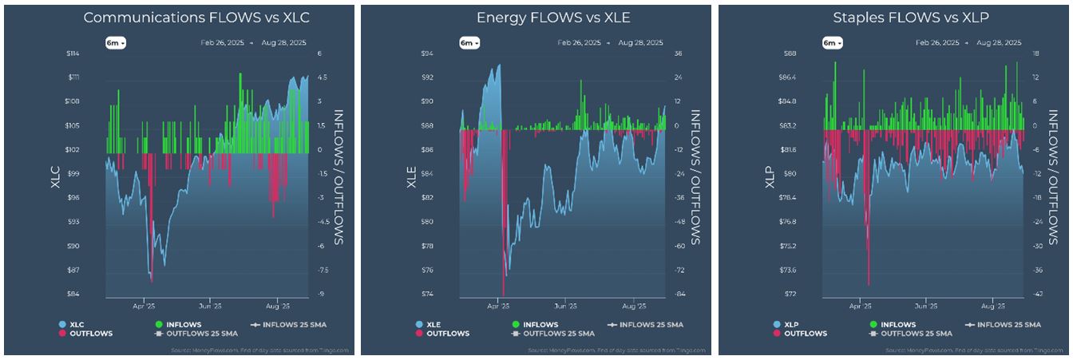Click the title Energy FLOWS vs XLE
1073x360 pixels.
[x=535, y=17]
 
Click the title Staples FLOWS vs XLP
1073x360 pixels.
[x=893, y=17]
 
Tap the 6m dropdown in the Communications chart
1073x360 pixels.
[x=116, y=43]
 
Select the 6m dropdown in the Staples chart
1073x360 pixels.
[x=830, y=43]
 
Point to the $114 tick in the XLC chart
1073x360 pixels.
[x=95, y=53]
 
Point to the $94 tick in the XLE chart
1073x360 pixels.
[x=449, y=53]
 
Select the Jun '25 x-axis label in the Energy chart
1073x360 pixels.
[x=564, y=305]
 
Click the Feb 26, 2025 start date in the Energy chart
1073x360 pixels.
[x=580, y=42]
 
